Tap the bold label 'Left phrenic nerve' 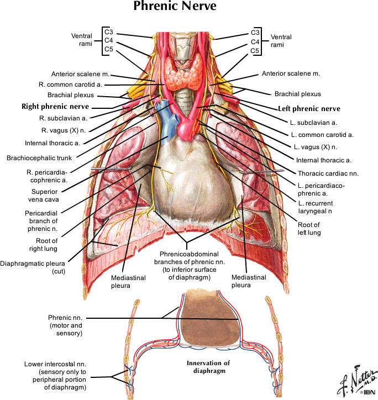point(309,109)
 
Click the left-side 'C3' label point(109,31)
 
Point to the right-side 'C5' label point(255,51)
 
